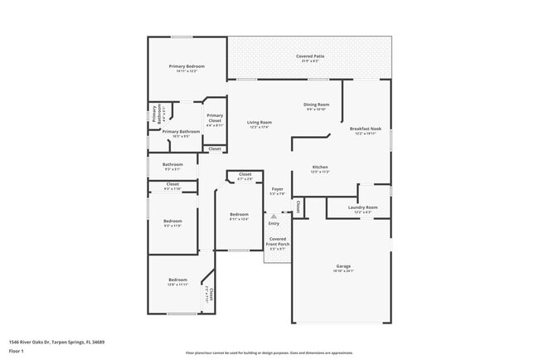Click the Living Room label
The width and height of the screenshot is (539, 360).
[260, 124]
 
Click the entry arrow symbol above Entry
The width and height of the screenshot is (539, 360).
[274, 216]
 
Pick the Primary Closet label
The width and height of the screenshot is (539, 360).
[215, 118]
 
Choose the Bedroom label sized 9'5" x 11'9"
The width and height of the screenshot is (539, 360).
[172, 222]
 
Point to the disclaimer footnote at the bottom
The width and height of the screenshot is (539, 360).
[269, 352]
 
